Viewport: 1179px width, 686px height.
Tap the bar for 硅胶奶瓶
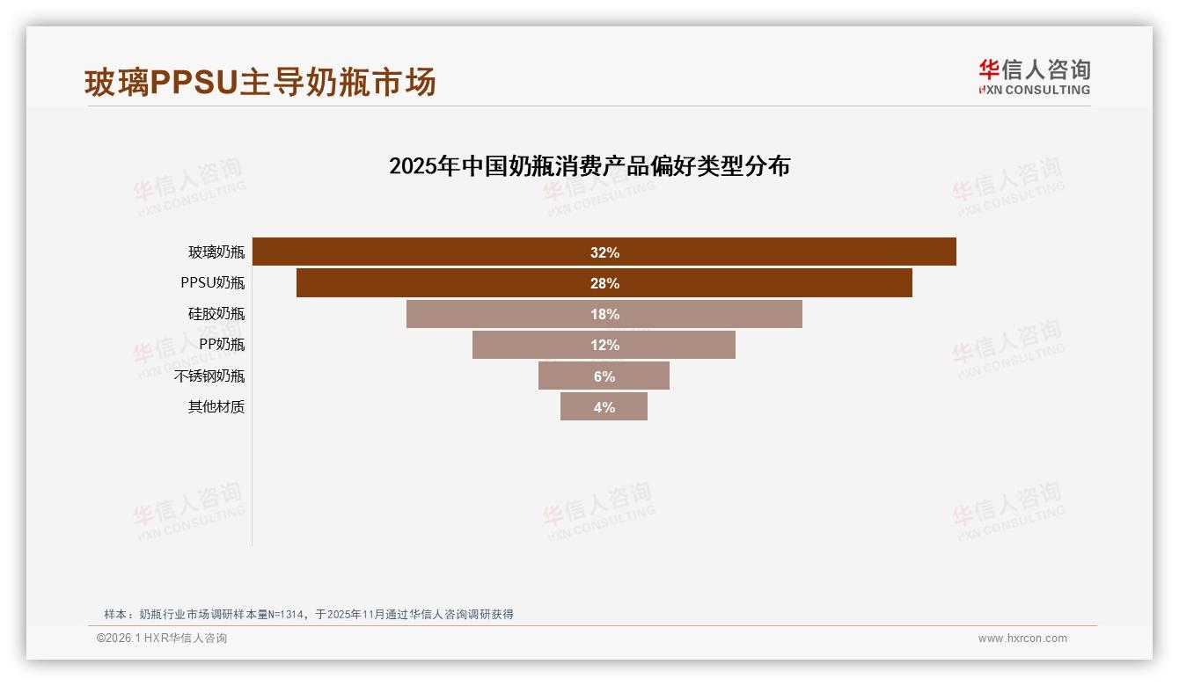pos(493,314)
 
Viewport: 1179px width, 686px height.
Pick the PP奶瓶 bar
pos(528,345)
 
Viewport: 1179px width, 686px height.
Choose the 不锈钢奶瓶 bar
pos(563,376)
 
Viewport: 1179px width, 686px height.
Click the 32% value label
pos(604,252)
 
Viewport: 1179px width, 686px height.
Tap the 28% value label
pos(604,283)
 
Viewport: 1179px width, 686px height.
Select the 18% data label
pos(604,314)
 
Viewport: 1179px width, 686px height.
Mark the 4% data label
pos(604,407)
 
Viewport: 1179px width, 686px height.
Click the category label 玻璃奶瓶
pos(216,252)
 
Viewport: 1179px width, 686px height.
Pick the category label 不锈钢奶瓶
pos(209,376)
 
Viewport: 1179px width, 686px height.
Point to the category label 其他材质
pos(216,407)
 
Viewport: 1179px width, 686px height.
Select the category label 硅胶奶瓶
pos(216,314)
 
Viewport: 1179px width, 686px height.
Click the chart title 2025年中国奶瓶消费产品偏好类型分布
pos(589,166)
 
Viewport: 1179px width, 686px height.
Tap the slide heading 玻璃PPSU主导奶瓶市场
pos(260,83)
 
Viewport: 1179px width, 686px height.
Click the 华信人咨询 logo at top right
pos(1034,77)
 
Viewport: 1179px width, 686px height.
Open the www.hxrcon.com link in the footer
pos(1022,639)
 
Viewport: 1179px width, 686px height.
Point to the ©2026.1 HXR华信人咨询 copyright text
pos(162,639)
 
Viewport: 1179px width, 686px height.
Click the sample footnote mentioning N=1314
pos(308,614)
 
